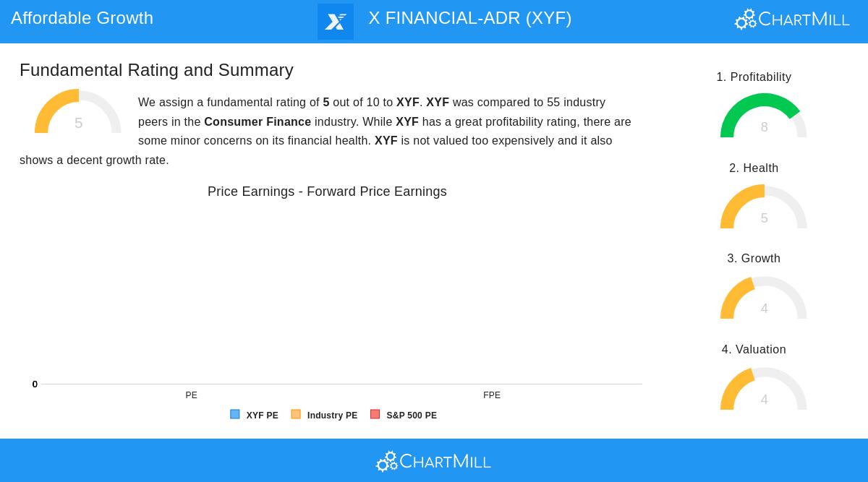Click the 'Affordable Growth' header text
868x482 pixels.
coord(82,18)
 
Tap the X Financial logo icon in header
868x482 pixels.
coord(336,22)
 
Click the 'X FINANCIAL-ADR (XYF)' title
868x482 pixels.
coord(469,18)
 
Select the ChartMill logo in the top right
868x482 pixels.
coord(792,20)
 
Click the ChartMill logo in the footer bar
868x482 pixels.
coord(433,461)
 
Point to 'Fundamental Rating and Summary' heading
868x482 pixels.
coord(156,70)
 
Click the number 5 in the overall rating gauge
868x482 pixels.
coord(78,124)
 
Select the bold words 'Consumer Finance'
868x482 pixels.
coord(258,122)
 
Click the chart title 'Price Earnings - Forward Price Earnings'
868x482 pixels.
coord(327,191)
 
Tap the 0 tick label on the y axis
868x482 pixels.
coord(35,384)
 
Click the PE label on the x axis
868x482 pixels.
coord(191,395)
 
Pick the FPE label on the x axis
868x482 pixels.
coord(492,395)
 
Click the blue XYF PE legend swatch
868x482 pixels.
coord(235,415)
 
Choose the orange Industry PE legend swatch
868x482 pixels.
coord(296,415)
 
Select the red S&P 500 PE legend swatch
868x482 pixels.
coord(375,415)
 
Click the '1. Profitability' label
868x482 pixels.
coord(754,77)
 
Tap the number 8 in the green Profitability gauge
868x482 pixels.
coord(764,127)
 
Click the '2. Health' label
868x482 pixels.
coord(754,168)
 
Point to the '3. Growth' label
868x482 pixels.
coord(754,259)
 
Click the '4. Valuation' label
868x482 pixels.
coord(754,350)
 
